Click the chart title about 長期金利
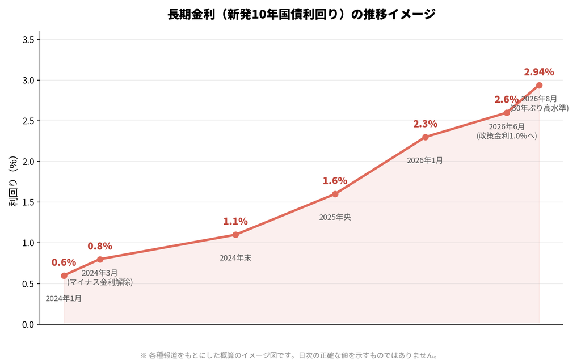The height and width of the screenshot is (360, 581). [301, 14]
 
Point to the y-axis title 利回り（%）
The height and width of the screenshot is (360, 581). [13, 181]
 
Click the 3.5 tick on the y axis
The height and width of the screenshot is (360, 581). [28, 40]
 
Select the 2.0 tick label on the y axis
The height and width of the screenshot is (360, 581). [28, 162]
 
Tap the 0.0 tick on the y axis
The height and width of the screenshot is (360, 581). [28, 324]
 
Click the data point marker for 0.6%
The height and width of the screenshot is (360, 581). [64, 276]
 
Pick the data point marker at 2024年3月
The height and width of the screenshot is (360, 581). [100, 259]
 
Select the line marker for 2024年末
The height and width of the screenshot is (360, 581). [235, 235]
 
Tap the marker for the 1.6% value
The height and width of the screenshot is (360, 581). [335, 194]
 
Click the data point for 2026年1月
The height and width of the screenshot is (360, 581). [426, 137]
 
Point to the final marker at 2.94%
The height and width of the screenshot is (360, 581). [539, 85]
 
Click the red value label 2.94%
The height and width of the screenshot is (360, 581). [539, 72]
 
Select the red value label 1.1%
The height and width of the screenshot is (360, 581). [235, 222]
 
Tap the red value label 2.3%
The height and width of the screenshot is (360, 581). [426, 124]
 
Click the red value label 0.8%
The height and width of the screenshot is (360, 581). [100, 246]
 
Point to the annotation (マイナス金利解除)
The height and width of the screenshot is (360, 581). [100, 282]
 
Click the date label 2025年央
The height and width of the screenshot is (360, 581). [335, 217]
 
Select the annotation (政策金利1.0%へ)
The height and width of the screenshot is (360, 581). [507, 136]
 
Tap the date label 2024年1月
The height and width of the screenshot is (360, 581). [64, 299]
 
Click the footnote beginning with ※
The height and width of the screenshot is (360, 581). [289, 355]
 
